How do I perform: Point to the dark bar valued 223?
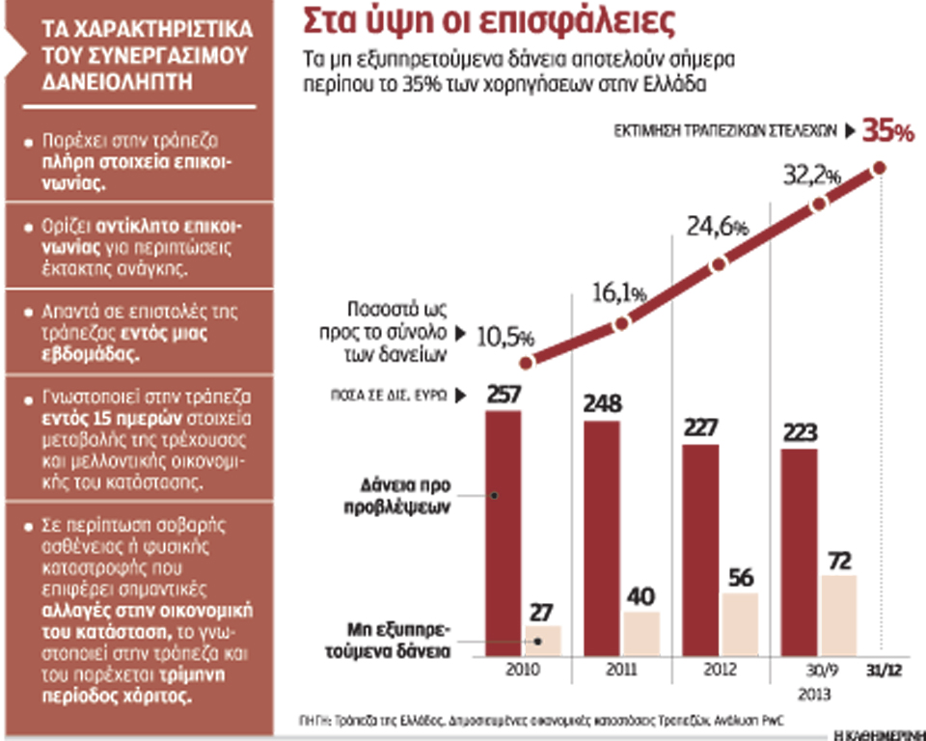(799, 549)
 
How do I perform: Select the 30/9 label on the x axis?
(819, 671)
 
